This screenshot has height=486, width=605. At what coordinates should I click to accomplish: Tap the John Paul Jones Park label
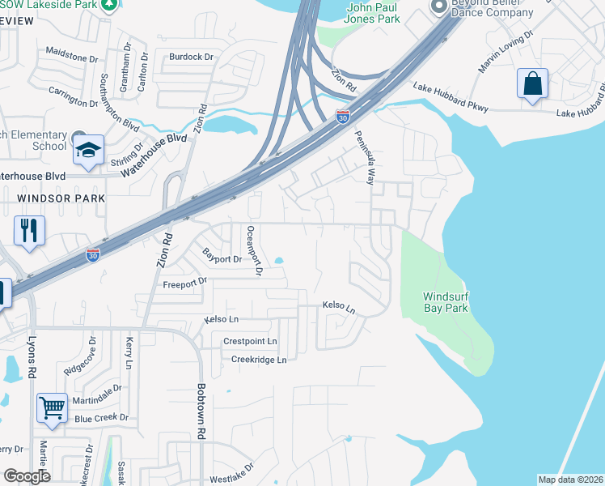click(x=373, y=13)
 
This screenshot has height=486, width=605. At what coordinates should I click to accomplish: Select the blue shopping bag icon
click(x=532, y=84)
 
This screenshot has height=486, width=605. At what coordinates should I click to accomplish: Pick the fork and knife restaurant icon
click(x=28, y=230)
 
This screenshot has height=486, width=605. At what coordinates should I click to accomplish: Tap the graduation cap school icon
click(x=87, y=150)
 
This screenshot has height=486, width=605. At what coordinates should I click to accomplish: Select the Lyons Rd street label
click(x=33, y=357)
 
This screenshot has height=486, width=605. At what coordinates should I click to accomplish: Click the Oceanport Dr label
click(x=252, y=250)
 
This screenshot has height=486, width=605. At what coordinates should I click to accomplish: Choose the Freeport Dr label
click(x=185, y=283)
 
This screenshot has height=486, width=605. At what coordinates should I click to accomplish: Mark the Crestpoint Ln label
click(x=250, y=342)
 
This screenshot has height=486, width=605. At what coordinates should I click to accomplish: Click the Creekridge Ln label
click(x=259, y=360)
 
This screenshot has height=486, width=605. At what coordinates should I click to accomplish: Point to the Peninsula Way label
click(x=366, y=156)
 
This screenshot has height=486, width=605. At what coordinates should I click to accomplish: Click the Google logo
click(x=27, y=475)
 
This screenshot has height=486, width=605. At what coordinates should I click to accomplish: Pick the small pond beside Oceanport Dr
click(x=279, y=261)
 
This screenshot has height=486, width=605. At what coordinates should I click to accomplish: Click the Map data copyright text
click(x=570, y=480)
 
